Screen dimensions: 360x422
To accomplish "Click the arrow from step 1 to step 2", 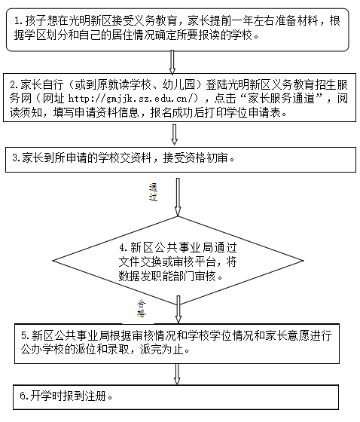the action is (x=172, y=63).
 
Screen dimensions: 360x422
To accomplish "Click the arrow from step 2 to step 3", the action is (x=174, y=134).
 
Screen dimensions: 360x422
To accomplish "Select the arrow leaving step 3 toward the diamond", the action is (x=178, y=197).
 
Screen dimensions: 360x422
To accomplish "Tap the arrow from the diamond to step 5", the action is (x=178, y=309).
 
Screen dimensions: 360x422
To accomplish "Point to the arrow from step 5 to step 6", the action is (x=177, y=374).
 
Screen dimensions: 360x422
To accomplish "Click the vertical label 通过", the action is (x=153, y=192).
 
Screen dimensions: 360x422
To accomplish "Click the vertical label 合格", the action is (x=141, y=308).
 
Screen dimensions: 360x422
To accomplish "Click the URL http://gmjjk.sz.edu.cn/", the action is (x=133, y=99).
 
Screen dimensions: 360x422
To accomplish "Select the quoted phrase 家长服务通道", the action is (x=281, y=98).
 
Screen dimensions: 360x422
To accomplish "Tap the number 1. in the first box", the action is (x=20, y=21).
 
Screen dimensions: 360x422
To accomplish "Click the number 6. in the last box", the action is (x=24, y=396).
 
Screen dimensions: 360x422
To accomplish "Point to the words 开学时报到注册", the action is (x=68, y=396).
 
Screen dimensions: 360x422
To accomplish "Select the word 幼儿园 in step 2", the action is (x=178, y=84).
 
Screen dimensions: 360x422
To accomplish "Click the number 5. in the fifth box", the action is (x=26, y=336).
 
